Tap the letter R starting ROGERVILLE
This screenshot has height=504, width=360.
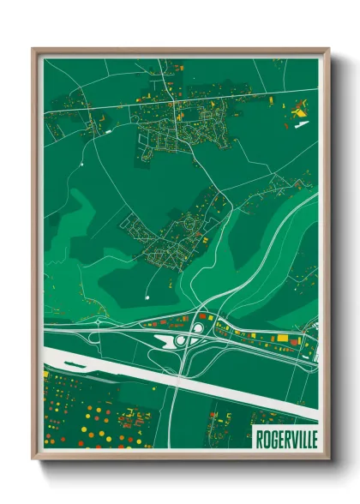pos(259,439)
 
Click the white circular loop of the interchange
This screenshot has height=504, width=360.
pos(197,327)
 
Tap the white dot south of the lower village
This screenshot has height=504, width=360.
pos(147,297)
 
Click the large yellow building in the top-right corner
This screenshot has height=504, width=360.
pos(299,109)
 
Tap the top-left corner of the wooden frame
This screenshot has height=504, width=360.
pos(33,49)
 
